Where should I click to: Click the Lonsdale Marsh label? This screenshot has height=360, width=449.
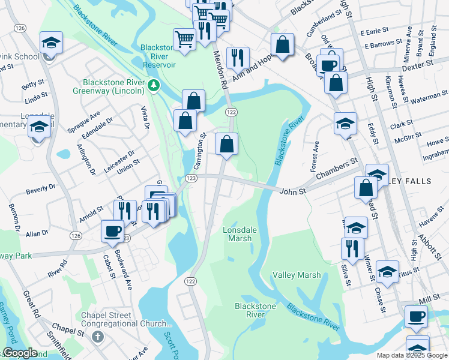237,234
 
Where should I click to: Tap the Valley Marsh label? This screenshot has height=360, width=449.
297,275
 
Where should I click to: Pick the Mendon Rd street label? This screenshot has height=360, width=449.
221,70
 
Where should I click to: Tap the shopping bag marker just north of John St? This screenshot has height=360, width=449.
226,144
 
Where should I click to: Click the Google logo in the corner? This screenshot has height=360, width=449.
20,353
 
